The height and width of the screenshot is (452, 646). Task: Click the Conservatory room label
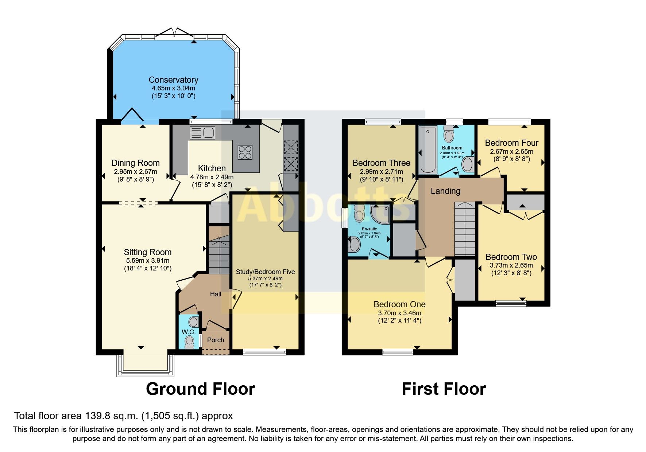click(x=173, y=80)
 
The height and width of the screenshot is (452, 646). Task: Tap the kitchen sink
click(x=202, y=133)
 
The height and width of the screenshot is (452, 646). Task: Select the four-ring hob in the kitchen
click(x=245, y=152)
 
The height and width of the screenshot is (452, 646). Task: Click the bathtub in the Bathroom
click(x=428, y=150)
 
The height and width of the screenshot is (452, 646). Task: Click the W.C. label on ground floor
click(x=189, y=332)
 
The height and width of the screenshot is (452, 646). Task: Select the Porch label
click(x=216, y=340)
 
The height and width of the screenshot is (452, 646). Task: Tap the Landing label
click(x=445, y=191)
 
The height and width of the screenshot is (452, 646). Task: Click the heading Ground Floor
click(x=200, y=389)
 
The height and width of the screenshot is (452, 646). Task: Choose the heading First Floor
click(x=444, y=389)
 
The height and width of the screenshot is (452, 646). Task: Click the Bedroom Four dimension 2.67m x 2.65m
click(x=511, y=152)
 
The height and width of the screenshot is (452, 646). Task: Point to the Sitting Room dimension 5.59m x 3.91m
click(x=148, y=261)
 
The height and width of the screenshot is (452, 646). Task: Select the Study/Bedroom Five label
click(x=265, y=272)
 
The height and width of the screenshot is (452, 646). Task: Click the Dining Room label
click(x=135, y=163)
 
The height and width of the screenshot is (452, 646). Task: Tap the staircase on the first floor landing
click(x=465, y=230)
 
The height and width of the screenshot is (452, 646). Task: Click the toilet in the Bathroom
click(x=449, y=135)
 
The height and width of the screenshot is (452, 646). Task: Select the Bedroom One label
click(x=399, y=304)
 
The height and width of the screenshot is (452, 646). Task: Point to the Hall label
click(x=215, y=294)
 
